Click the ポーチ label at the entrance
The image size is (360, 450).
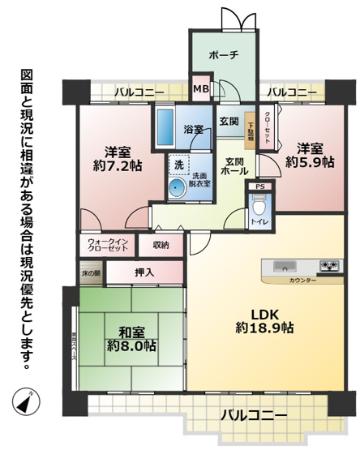[223, 55]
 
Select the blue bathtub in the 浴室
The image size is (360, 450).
[165, 127]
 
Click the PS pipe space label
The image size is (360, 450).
[259, 186]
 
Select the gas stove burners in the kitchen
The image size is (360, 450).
[328, 266]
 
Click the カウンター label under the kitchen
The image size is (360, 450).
[301, 280]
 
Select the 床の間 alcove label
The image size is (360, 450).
[90, 274]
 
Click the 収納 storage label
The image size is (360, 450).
[160, 244]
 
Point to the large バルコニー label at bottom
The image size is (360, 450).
[253, 414]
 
